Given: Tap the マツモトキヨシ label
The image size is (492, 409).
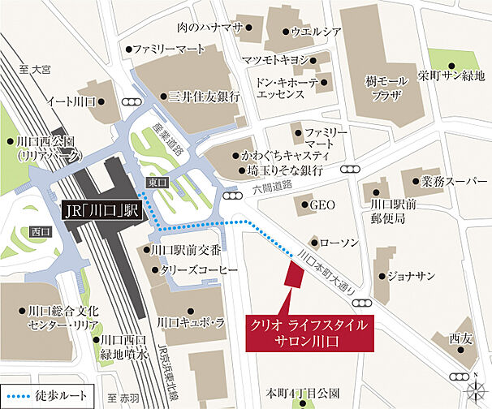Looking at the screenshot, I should [275, 61].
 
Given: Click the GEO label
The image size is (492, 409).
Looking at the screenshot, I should [323, 205].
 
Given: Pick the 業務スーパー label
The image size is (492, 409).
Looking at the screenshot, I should [449, 180].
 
